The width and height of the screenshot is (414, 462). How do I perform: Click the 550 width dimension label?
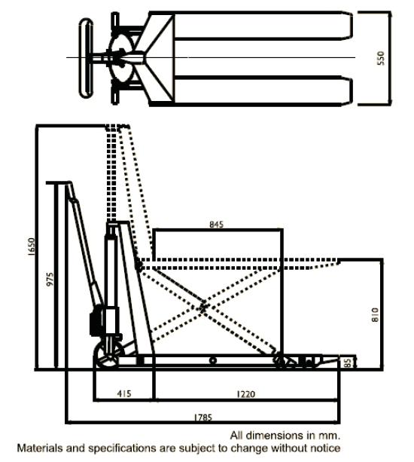click(381, 58)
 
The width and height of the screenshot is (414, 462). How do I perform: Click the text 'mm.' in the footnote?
click(330, 436)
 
